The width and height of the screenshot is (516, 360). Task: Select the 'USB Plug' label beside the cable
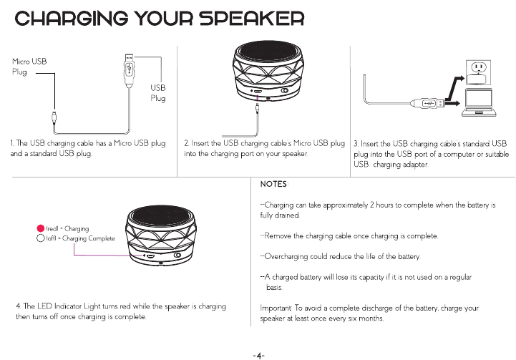point(157,92)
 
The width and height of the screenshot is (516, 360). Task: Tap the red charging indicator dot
point(41,228)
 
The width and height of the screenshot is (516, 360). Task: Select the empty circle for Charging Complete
point(41,238)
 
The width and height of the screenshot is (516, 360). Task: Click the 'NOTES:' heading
point(273,185)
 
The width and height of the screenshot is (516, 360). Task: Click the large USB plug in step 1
point(129,68)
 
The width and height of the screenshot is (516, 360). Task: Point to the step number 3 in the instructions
point(356,145)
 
